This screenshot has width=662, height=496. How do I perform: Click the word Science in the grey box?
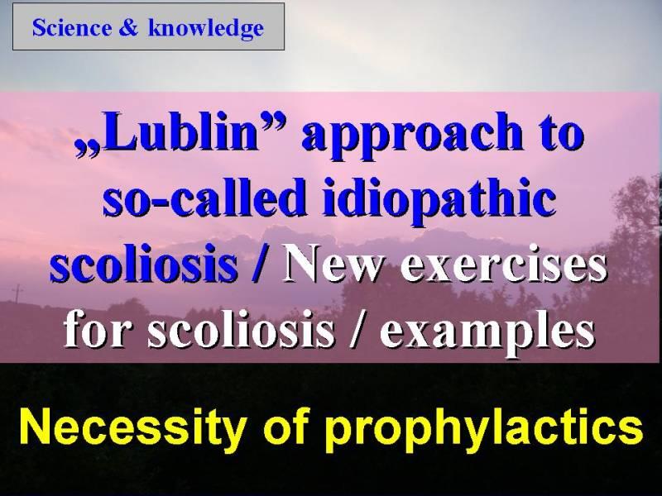pyautogui.click(x=72, y=28)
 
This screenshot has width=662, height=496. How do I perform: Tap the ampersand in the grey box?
pyautogui.click(x=128, y=28)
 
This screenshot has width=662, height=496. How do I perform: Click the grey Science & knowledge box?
pyautogui.click(x=149, y=26)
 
